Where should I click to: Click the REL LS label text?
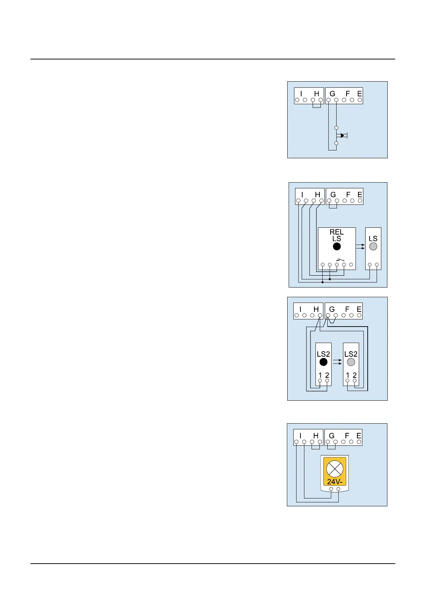pos(337,235)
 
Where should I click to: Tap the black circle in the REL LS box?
pos(337,246)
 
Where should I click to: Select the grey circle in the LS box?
pos(373,246)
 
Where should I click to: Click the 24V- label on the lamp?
pos(335,482)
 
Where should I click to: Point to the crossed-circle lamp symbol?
pos(335,469)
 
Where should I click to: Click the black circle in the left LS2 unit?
pos(323,362)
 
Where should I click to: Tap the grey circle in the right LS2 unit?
pos(351,362)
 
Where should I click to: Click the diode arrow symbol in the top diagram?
pos(343,135)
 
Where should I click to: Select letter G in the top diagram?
pos(332,94)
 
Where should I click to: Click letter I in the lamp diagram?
pos(300,436)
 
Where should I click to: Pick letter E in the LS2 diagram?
pos(359,309)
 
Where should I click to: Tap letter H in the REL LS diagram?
pos(317,195)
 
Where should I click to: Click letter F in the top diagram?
pos(348,94)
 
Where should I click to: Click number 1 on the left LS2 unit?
pos(320,375)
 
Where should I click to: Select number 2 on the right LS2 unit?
pos(354,375)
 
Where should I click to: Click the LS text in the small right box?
pos(373,238)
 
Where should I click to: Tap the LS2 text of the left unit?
pos(323,354)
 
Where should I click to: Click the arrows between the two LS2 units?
pos(337,362)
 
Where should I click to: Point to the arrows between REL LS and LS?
pos(360,246)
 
